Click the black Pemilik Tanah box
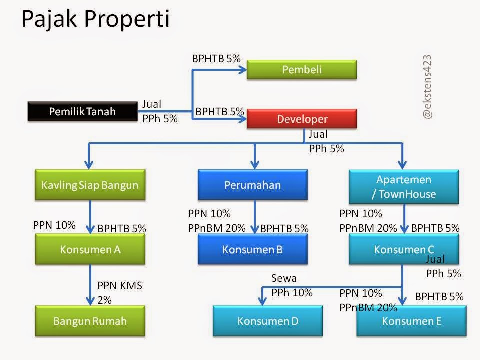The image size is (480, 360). [x=82, y=111]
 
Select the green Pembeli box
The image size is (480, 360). [x=302, y=70]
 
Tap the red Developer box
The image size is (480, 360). [x=302, y=119]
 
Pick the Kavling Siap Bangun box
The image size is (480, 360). [x=90, y=185]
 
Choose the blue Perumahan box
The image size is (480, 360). [x=252, y=185]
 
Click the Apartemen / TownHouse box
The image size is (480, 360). [x=404, y=186]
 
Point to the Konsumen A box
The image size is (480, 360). [x=90, y=249]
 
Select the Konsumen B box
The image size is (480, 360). [x=252, y=249]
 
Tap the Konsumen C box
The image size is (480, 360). [x=404, y=249]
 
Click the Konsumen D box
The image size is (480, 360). [x=268, y=321]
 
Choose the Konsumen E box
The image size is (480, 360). [x=411, y=321]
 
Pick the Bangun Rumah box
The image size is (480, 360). [x=90, y=321]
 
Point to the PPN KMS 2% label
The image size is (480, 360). [x=120, y=293]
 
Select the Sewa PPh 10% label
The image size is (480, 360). [x=291, y=285]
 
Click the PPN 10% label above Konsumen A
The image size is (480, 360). [x=54, y=225]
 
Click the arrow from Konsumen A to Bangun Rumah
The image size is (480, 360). [x=90, y=285]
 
